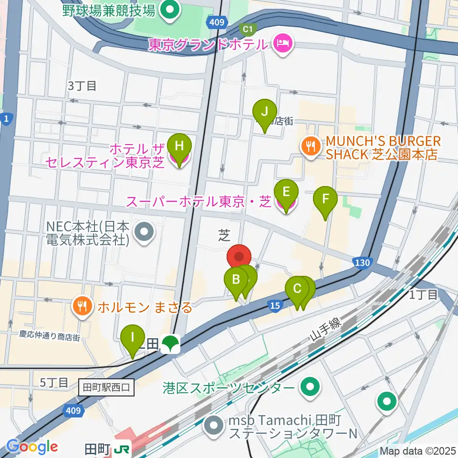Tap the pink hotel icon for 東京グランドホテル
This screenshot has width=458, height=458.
pyautogui.click(x=282, y=45)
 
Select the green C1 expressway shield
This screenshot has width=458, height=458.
pyautogui.click(x=247, y=30)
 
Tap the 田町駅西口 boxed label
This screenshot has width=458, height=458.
pyautogui.click(x=107, y=387)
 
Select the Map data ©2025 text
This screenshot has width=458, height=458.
pyautogui.click(x=418, y=450)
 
